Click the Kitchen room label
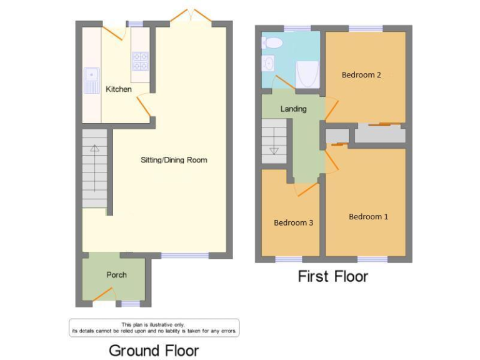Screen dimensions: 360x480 click(x=118, y=89)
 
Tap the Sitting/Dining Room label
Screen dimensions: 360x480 click(x=173, y=160)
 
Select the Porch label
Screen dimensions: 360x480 click(x=116, y=275)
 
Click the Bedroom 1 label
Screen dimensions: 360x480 click(x=368, y=217)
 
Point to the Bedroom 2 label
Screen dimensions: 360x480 click(x=361, y=75)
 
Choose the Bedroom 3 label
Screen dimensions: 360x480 click(x=293, y=222)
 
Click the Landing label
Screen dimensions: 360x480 click(x=293, y=109)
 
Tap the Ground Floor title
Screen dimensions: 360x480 click(x=154, y=350)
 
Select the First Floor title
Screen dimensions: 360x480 click(x=332, y=276)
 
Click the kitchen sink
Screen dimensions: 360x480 click(x=92, y=80)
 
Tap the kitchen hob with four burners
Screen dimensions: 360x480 click(x=139, y=61)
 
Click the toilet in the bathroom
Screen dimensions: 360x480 click(x=272, y=42)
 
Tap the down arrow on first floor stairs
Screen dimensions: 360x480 click(x=273, y=151)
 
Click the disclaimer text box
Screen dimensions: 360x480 click(x=154, y=327)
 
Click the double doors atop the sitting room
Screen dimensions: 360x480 click(x=191, y=16)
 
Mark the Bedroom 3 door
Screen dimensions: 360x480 click(x=306, y=188)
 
